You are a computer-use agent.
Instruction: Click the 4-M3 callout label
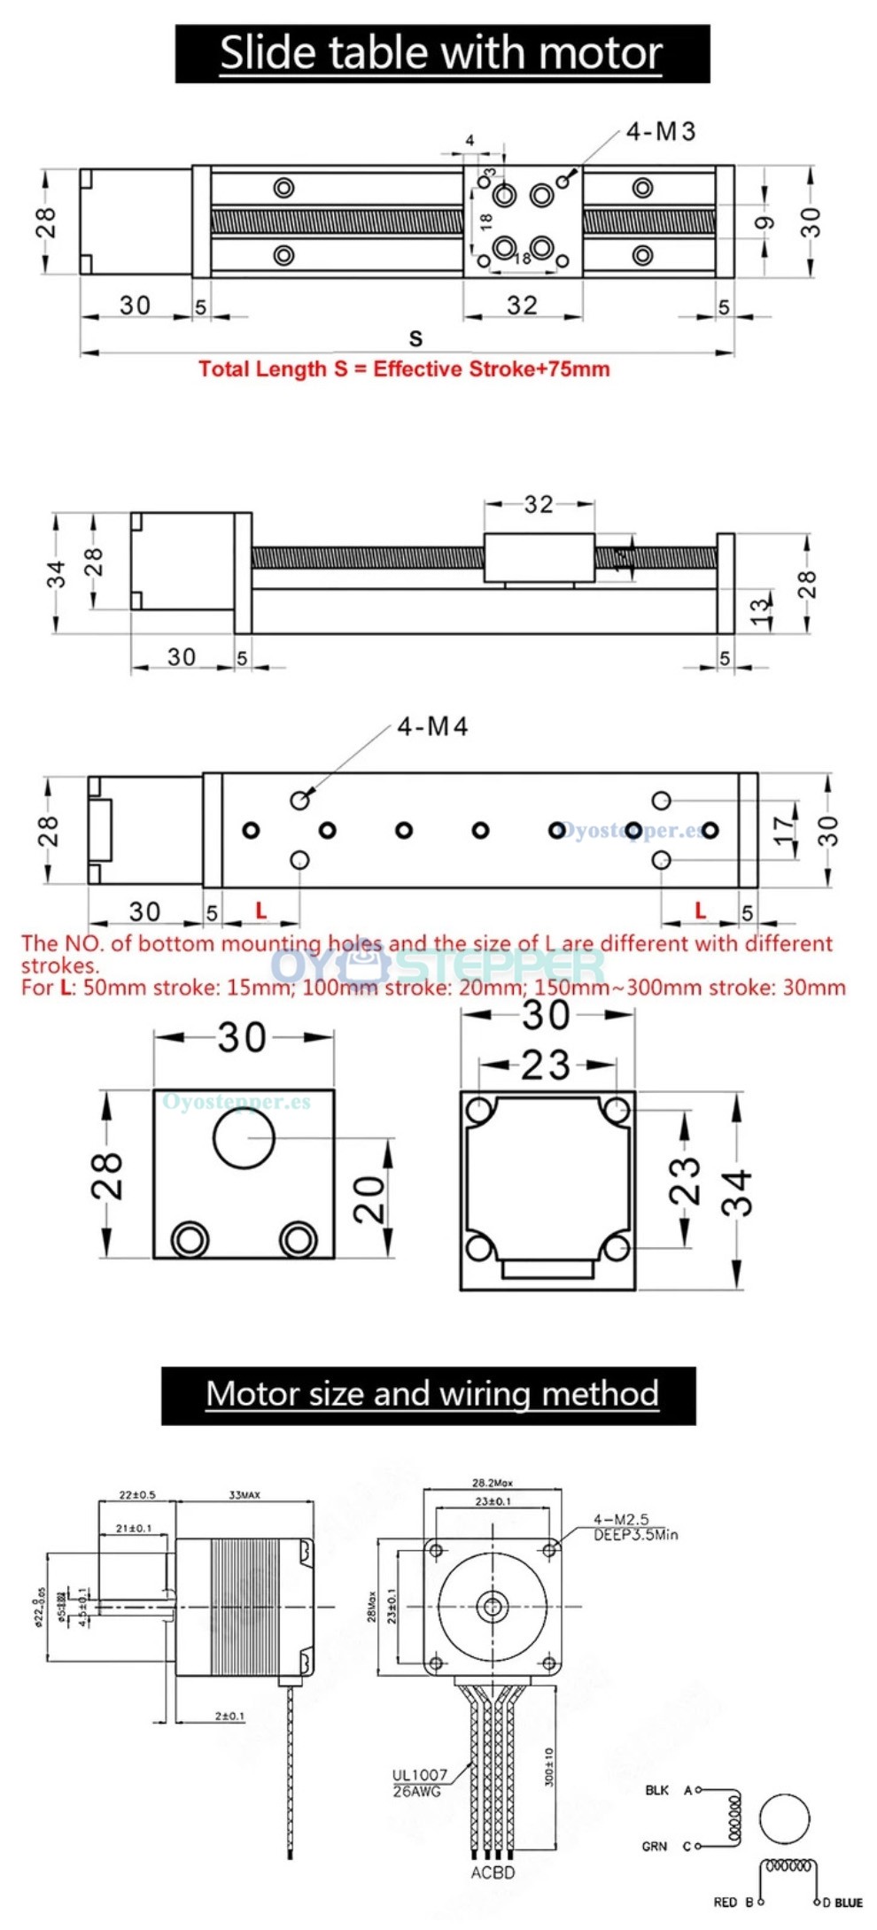pyautogui.click(x=660, y=132)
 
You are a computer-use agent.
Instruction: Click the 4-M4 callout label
pyautogui.click(x=432, y=727)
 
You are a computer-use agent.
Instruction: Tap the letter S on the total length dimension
pyautogui.click(x=415, y=338)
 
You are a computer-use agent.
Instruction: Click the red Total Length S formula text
pyautogui.click(x=404, y=369)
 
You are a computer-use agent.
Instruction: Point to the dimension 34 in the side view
pyautogui.click(x=57, y=574)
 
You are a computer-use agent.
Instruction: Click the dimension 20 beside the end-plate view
pyautogui.click(x=370, y=1199)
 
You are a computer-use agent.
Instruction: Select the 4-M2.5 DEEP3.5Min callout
pyautogui.click(x=634, y=1526)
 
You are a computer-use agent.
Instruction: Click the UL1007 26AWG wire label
pyautogui.click(x=420, y=1782)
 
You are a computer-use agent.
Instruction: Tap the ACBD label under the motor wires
pyautogui.click(x=493, y=1872)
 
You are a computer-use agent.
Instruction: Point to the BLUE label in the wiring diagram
pyautogui.click(x=848, y=1902)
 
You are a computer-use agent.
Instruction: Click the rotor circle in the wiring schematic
pyautogui.click(x=785, y=1819)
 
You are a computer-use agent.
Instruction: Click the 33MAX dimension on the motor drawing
pyautogui.click(x=244, y=1495)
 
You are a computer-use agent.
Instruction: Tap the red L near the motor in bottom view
pyautogui.click(x=260, y=910)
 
